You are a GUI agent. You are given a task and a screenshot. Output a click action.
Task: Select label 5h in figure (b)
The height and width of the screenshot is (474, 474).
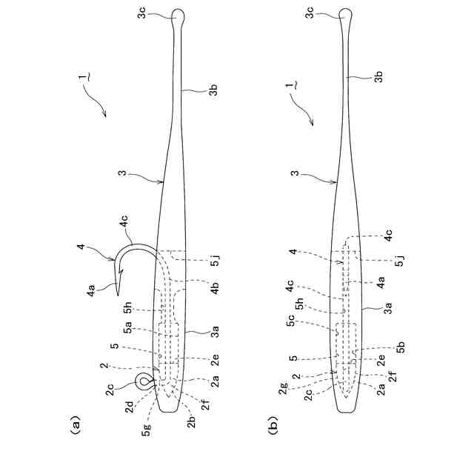[x=299, y=303]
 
